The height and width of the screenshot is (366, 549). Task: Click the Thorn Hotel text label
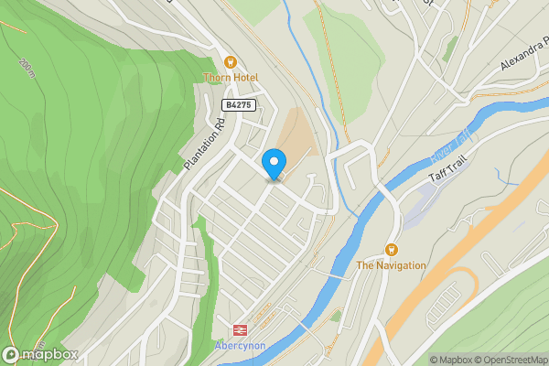tap(231, 78)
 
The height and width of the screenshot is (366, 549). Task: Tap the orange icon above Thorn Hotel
tap(231, 62)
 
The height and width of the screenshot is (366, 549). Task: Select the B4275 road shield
tap(237, 105)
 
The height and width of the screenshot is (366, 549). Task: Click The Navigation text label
tap(391, 265)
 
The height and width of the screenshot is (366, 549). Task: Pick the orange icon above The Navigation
tap(392, 249)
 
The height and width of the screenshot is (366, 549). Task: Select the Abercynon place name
tap(241, 346)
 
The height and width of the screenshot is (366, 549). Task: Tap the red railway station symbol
tap(240, 329)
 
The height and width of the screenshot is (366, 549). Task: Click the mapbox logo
tap(39, 354)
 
